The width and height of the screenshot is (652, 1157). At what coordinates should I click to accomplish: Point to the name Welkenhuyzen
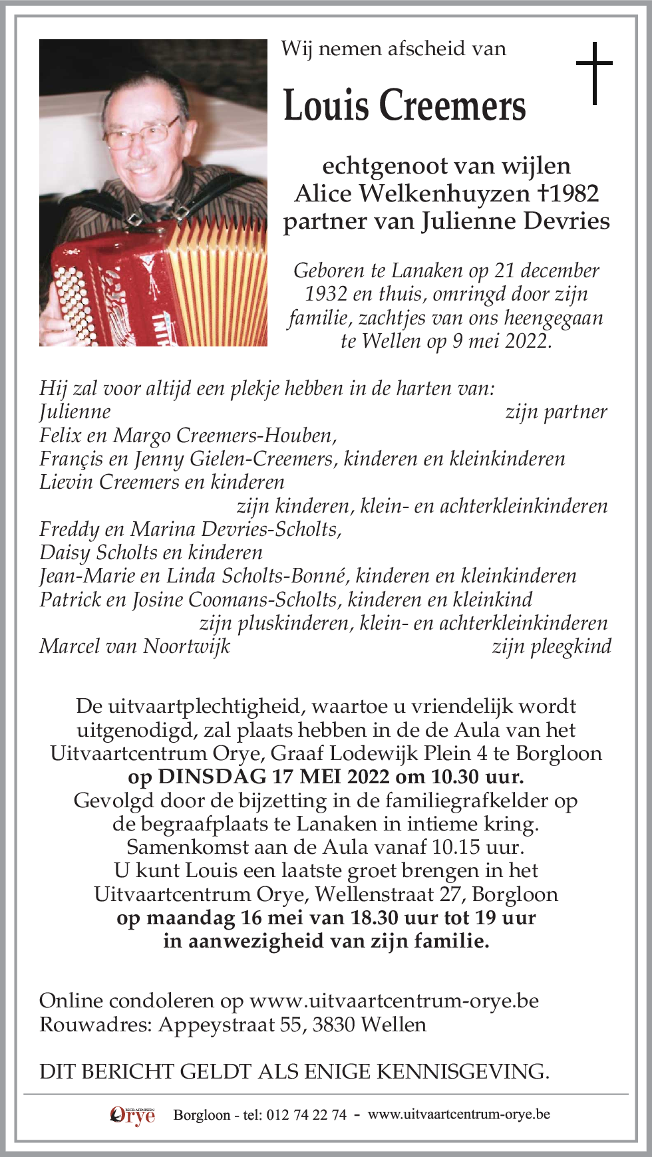[x=444, y=193]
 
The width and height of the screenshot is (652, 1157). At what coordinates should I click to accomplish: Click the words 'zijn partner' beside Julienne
[x=556, y=412]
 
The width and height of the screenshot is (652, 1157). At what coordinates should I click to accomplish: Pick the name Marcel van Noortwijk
[x=134, y=646]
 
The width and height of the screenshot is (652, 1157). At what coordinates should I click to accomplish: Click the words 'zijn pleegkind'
[x=552, y=646]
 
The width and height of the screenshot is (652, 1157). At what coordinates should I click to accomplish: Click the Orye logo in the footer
[x=132, y=1115]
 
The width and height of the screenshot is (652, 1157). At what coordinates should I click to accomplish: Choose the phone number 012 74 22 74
[x=306, y=1115]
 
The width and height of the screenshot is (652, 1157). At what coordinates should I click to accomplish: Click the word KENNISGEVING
[x=463, y=1072]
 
